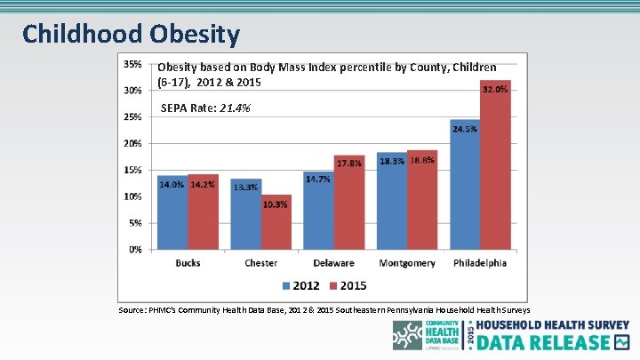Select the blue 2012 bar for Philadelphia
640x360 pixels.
(x=465, y=187)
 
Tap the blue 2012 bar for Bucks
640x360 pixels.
(x=172, y=213)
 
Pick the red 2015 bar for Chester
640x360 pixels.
(x=276, y=222)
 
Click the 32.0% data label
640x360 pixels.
(x=495, y=89)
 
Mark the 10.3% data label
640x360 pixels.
(x=276, y=204)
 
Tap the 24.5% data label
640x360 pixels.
(x=465, y=129)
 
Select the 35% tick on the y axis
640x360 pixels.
(x=132, y=64)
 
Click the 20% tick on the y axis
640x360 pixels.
(x=132, y=143)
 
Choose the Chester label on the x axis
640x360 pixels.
(x=260, y=263)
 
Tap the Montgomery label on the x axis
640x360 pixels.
(x=407, y=263)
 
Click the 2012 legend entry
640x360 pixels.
(x=300, y=285)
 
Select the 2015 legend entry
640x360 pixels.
(x=347, y=285)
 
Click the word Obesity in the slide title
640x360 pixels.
(x=195, y=35)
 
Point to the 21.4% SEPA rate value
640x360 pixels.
(x=235, y=108)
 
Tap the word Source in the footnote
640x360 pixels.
(x=135, y=310)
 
